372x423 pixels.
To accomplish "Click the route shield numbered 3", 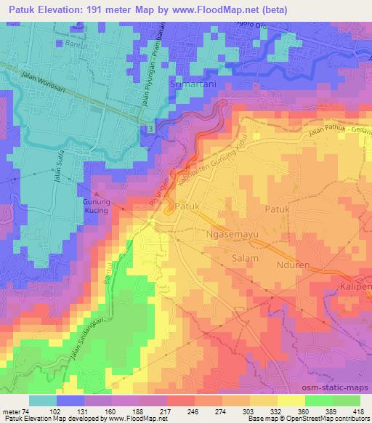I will coord(149,128).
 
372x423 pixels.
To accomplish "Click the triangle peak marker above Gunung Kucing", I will coord(95,194).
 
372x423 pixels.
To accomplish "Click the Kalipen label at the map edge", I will coord(355,289).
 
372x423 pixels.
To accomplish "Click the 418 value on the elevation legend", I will coord(357,411).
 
